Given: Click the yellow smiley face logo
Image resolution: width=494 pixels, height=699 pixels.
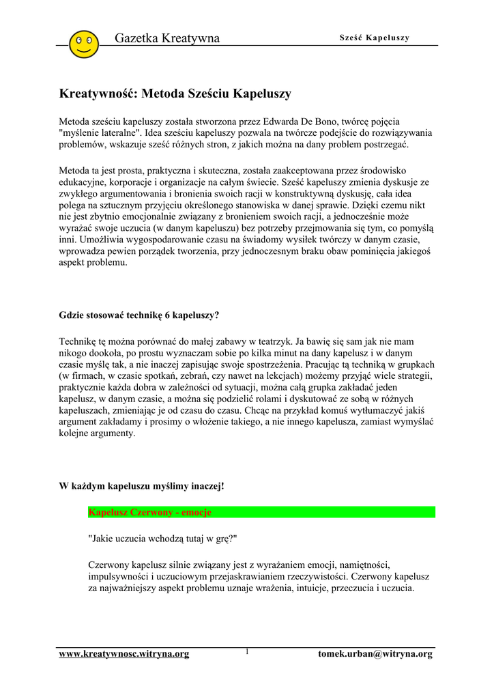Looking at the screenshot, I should (x=84, y=44).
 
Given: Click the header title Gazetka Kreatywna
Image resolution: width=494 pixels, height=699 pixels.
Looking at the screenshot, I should (x=167, y=38).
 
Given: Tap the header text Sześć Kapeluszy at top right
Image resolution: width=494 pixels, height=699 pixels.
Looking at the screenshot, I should (x=375, y=38).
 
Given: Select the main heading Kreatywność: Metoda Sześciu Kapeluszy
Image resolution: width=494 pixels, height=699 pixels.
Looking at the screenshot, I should (x=176, y=94).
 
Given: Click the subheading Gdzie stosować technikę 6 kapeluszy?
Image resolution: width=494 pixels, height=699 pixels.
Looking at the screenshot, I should (x=140, y=315).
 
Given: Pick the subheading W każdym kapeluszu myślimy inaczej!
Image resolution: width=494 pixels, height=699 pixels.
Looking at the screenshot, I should (x=142, y=487).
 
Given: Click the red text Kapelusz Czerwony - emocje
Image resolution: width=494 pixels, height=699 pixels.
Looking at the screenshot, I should (x=150, y=512).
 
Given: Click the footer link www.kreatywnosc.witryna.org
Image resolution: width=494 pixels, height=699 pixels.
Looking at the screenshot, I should (x=124, y=654).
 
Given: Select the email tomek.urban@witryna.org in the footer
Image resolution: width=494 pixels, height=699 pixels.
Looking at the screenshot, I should (x=375, y=654).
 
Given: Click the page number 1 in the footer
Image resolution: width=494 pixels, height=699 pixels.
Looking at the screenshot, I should (x=247, y=652).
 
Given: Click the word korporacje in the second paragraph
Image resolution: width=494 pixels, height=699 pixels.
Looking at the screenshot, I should (x=136, y=182).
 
